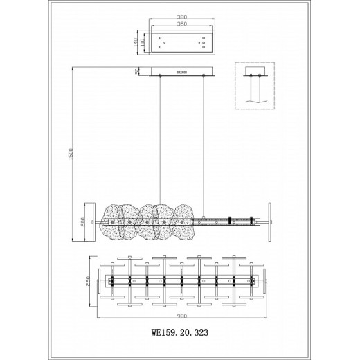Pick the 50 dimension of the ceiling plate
point(137,71)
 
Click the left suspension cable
point(161,138)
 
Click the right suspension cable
point(206,138)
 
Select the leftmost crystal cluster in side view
point(113,222)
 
